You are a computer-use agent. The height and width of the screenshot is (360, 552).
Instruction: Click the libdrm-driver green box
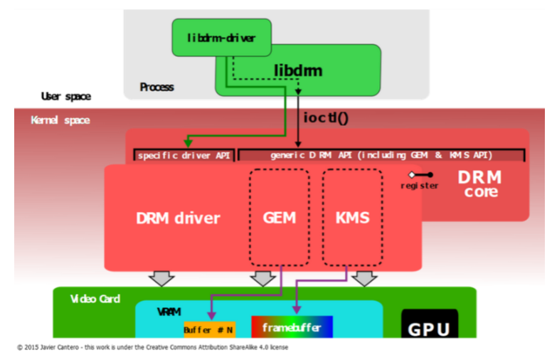(222, 38)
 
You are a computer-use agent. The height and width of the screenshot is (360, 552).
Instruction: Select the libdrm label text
(298, 70)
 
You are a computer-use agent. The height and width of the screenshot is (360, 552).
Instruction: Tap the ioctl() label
(327, 117)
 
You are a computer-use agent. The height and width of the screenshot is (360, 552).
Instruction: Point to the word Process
(156, 87)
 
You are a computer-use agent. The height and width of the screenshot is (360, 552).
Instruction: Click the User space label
(65, 96)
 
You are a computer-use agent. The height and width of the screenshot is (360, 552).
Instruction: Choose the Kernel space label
(60, 120)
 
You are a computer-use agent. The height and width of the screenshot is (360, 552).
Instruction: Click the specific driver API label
(184, 155)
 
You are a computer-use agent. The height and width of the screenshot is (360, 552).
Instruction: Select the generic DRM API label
(381, 155)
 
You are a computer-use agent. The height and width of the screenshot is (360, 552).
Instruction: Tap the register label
(419, 186)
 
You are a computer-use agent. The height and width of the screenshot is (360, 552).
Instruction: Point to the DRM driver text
(178, 218)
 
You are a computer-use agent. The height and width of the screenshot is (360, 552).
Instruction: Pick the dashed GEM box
(280, 217)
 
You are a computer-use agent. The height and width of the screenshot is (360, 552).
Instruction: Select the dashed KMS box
(352, 217)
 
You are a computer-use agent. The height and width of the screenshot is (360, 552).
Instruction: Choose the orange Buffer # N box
(208, 329)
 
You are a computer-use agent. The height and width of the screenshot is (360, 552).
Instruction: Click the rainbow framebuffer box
(292, 327)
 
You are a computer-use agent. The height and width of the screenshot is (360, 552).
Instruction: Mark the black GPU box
(430, 325)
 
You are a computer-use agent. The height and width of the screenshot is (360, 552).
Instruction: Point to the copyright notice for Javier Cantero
(152, 348)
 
